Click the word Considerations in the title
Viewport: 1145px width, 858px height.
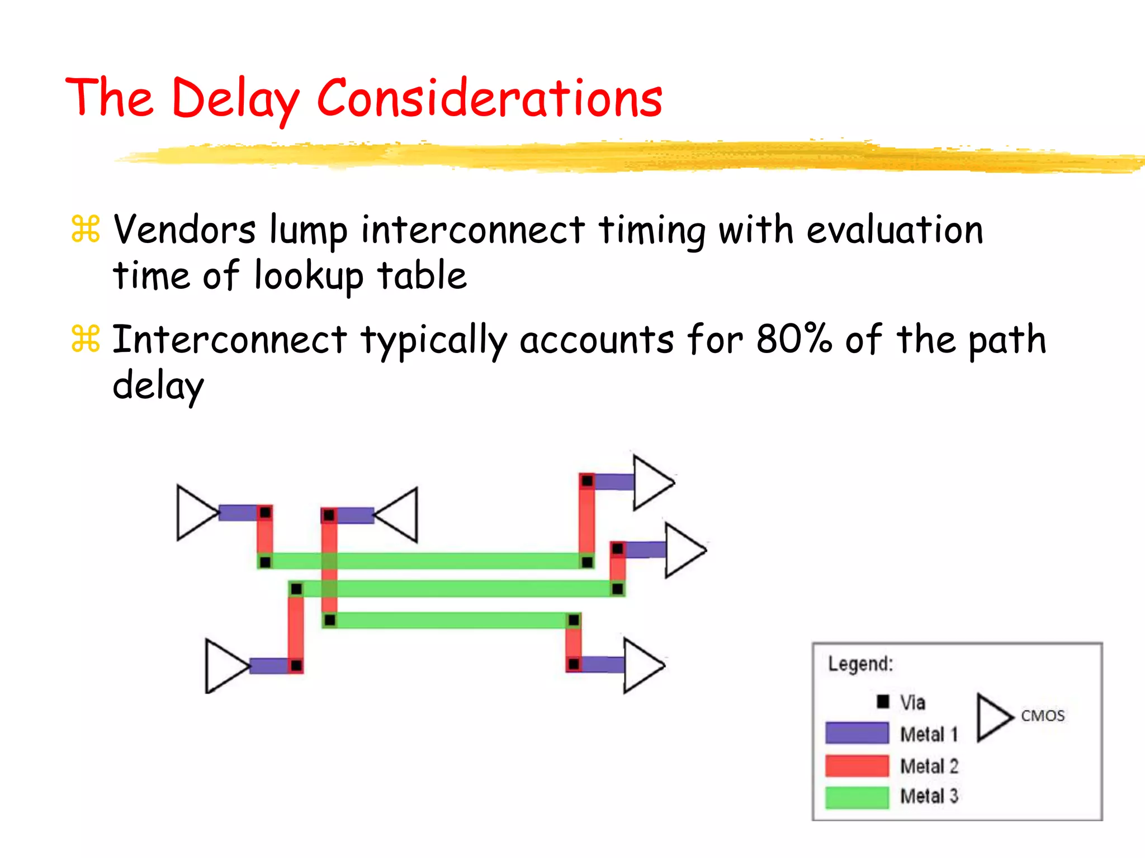click(489, 99)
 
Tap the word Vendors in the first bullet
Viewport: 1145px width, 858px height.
click(184, 230)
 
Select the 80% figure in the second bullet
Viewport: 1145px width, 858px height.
click(794, 339)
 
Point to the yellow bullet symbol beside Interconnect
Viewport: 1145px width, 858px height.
click(86, 339)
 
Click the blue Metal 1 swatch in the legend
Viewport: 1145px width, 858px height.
click(857, 733)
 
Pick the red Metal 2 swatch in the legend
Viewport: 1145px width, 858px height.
click(857, 765)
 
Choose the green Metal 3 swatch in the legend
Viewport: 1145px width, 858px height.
click(857, 797)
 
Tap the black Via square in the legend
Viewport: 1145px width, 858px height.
click(883, 702)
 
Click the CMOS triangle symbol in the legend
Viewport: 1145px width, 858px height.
click(992, 717)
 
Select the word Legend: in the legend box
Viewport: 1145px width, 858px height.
click(860, 664)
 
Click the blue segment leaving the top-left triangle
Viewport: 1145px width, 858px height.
click(238, 513)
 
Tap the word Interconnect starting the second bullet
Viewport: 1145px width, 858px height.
click(229, 339)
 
